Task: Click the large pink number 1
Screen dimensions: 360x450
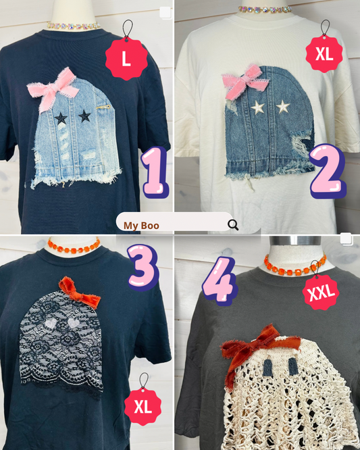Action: tap(155, 172)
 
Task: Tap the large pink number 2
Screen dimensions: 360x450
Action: tap(328, 172)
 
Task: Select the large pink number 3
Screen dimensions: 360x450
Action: tap(143, 268)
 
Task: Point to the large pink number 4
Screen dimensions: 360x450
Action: tap(220, 280)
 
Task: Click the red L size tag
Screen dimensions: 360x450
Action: tap(126, 59)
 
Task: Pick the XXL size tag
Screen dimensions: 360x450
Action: tap(321, 292)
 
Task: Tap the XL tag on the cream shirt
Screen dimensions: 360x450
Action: tap(324, 54)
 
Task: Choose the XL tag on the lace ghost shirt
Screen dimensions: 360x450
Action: tap(143, 407)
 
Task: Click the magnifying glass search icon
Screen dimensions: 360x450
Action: tap(233, 225)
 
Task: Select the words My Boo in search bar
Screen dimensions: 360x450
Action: tap(141, 226)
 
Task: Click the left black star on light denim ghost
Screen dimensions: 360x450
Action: tap(61, 118)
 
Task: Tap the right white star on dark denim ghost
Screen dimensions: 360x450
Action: tap(283, 107)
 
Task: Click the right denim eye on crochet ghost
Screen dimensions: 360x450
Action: tap(293, 366)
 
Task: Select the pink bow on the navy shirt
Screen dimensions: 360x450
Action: tap(53, 89)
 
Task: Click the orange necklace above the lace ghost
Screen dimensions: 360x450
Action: tap(74, 246)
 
